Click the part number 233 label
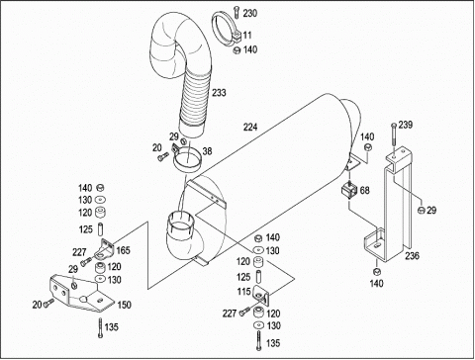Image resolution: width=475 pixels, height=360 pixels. (219, 93)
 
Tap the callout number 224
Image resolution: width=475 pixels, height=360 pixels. (250, 127)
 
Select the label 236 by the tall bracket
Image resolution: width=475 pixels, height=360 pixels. (413, 255)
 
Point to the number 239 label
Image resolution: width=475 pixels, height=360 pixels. (406, 125)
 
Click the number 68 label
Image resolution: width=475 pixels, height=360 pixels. (364, 190)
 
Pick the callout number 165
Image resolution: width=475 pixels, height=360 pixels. (123, 250)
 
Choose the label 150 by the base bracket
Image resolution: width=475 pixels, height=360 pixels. (125, 305)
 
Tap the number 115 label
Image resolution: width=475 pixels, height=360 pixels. (244, 292)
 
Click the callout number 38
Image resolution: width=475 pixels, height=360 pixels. (207, 151)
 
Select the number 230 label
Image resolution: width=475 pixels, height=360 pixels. (250, 13)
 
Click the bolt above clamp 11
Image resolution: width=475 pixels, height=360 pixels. (236, 13)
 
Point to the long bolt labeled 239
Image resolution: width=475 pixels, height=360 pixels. (393, 135)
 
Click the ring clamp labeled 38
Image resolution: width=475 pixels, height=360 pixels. (186, 160)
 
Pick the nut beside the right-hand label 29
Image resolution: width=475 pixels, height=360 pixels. (421, 210)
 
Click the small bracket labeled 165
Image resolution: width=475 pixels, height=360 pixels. (104, 249)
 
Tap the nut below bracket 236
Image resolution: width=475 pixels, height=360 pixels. (376, 271)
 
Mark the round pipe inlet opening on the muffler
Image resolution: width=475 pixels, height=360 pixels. (180, 222)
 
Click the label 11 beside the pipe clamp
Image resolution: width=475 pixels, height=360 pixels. (247, 35)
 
